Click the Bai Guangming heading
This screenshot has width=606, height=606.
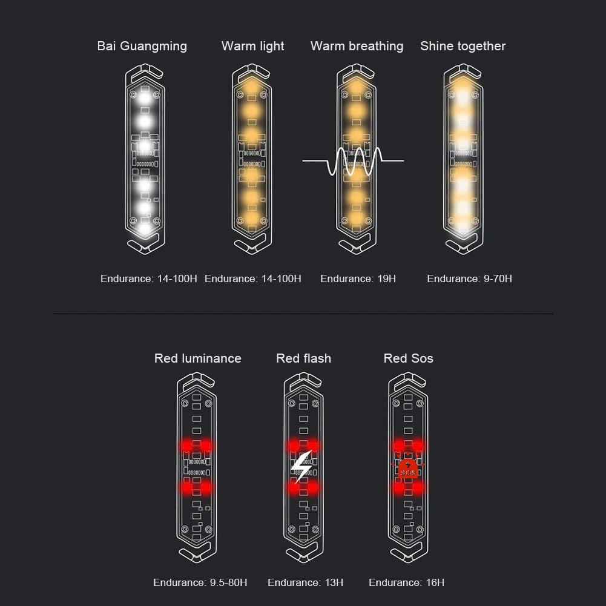click(142, 47)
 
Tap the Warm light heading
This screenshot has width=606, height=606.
click(253, 47)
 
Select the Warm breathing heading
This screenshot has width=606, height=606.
click(357, 47)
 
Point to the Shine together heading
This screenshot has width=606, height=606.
click(463, 47)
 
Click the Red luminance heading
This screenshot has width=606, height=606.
click(197, 358)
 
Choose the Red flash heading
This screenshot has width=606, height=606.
click(303, 358)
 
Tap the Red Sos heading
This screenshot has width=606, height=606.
click(408, 358)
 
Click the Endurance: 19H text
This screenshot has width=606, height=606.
click(358, 278)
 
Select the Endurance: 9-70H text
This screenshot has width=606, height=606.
click(469, 278)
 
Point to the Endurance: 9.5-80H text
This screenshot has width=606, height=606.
click(200, 582)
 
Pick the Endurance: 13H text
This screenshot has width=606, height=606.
click(305, 582)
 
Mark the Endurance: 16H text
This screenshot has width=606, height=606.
click(407, 582)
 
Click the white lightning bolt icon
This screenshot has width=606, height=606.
click(302, 467)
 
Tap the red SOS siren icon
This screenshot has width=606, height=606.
click(408, 468)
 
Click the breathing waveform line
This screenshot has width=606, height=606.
click(353, 160)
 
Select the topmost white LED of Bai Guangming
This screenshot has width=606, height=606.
click(145, 97)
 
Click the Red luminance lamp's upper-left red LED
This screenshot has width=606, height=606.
click(187, 446)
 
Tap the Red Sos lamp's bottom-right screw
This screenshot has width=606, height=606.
click(420, 529)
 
